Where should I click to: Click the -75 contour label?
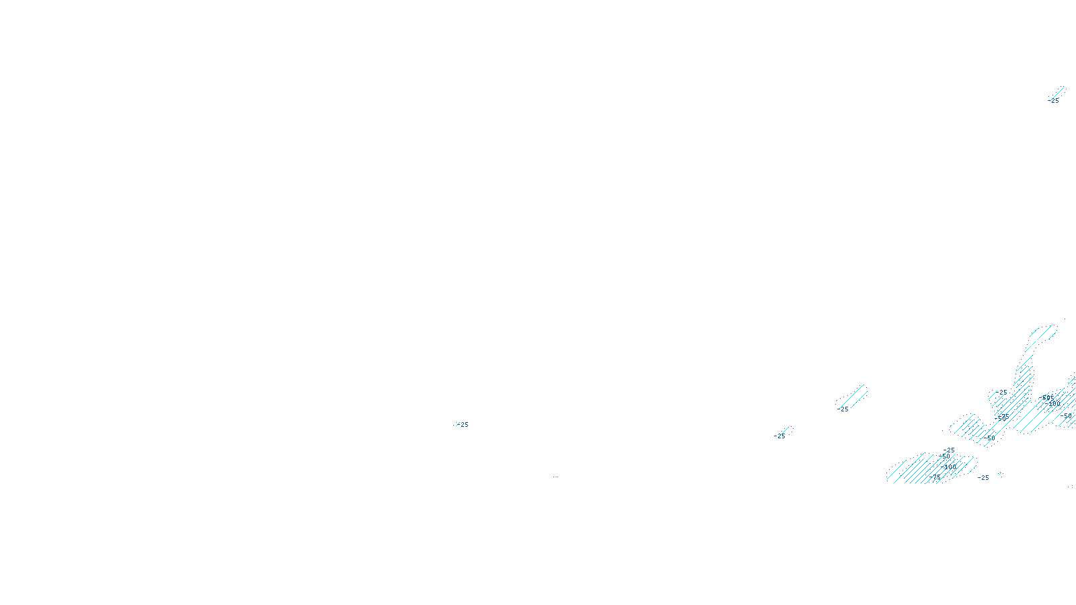pos(935,477)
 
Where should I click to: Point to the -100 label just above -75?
pos(950,467)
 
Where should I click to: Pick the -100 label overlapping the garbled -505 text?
pos(1052,403)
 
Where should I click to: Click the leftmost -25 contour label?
pos(464,425)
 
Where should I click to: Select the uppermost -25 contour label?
pos(1054,101)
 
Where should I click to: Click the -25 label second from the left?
pos(779,436)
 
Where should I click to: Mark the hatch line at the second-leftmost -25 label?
pos(786,430)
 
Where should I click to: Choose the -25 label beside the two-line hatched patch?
pos(843,409)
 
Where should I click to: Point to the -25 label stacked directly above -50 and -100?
pos(950,450)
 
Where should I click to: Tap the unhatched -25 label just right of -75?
pos(984,478)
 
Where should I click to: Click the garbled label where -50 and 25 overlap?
pos(1002,417)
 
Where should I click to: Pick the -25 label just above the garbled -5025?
pos(1003,393)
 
